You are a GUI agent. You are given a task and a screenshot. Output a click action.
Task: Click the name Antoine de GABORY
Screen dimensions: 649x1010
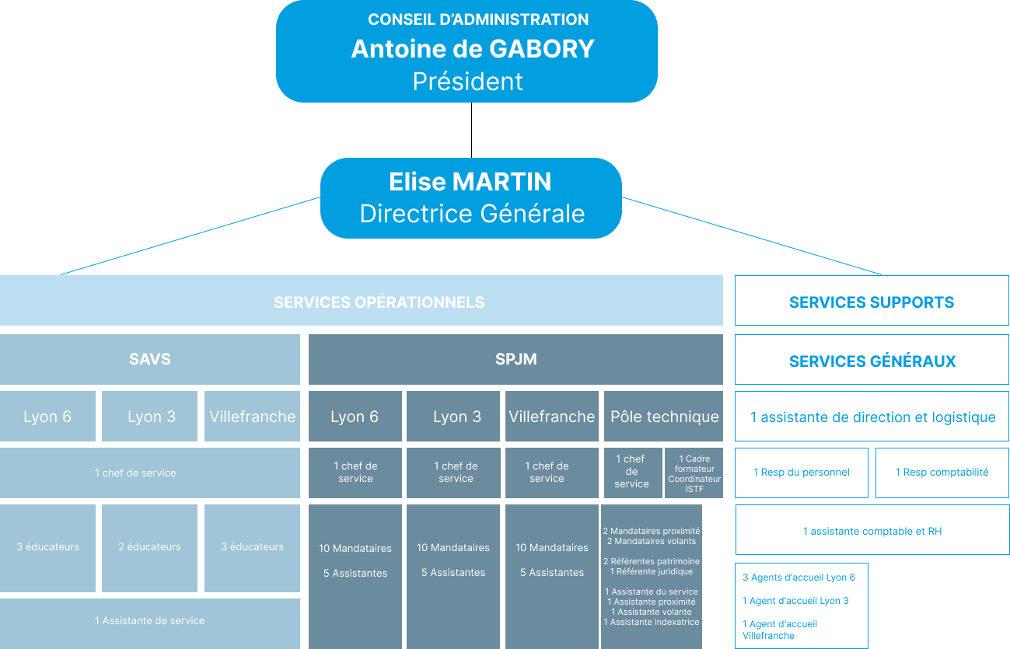click(473, 49)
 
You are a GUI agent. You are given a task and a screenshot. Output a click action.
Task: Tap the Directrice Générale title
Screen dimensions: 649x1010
click(472, 214)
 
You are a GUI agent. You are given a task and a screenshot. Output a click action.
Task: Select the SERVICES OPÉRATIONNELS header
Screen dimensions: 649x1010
click(379, 302)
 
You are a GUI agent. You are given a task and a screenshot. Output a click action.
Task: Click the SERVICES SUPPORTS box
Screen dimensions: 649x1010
click(872, 302)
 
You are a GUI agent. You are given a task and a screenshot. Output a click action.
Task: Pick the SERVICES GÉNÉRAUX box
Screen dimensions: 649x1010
click(872, 361)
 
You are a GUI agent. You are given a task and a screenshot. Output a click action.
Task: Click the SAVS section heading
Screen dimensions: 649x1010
click(149, 359)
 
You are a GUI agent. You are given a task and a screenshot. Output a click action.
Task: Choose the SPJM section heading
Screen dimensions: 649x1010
click(515, 359)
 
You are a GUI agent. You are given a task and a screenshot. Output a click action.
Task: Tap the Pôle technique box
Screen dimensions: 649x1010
click(664, 417)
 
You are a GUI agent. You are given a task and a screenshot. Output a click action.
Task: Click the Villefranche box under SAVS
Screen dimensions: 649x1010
click(252, 417)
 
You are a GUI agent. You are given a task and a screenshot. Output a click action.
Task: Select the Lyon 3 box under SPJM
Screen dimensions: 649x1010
click(456, 417)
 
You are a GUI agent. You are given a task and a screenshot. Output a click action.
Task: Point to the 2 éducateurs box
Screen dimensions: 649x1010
click(149, 547)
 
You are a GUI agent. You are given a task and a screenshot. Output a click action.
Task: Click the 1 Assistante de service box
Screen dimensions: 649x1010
click(149, 621)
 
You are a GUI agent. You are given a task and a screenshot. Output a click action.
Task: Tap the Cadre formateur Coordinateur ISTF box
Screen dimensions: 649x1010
click(694, 473)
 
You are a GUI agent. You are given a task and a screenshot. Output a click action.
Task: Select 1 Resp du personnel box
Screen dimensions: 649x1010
click(801, 473)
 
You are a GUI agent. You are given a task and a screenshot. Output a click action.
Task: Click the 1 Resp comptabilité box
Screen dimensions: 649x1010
click(942, 473)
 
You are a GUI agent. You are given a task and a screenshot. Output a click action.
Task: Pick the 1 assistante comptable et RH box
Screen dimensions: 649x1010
click(872, 532)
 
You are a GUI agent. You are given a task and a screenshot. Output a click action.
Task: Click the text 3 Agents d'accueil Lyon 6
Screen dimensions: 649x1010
click(799, 577)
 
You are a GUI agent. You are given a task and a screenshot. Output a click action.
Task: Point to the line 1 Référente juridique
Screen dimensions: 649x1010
click(652, 571)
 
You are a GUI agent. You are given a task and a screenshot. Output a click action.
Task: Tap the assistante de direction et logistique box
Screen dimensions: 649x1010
click(872, 417)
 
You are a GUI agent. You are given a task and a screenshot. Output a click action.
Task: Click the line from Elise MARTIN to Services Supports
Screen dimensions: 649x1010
click(753, 236)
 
